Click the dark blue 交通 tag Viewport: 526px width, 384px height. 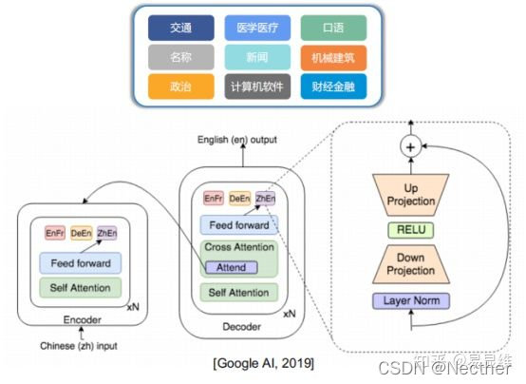(180, 28)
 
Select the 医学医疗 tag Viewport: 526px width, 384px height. (257, 28)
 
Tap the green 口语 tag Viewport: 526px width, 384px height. (333, 28)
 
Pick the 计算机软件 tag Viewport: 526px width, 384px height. (257, 86)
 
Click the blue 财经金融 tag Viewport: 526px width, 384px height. (333, 86)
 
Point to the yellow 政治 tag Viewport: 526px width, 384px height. (180, 86)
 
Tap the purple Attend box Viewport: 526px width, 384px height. (231, 267)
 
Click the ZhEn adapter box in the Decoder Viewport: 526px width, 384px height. (266, 199)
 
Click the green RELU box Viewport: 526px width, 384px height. (412, 229)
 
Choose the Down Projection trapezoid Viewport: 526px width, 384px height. (412, 263)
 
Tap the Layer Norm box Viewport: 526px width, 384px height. (412, 301)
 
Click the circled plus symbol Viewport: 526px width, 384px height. (412, 147)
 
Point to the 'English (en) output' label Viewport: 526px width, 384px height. (237, 140)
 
